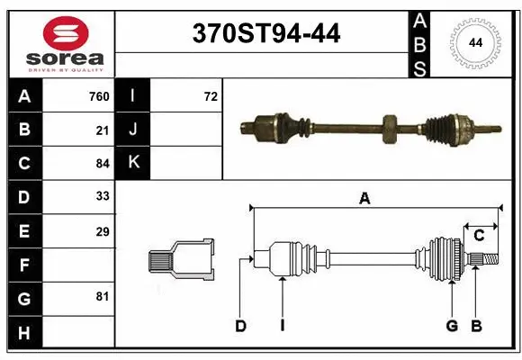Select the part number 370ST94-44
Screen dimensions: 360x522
click(x=267, y=34)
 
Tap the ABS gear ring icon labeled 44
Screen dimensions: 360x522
click(x=473, y=42)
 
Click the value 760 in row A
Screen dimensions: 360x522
click(x=99, y=96)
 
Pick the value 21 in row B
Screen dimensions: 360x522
click(x=103, y=130)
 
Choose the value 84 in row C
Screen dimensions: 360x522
click(x=103, y=163)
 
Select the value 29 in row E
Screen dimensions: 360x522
click(x=103, y=231)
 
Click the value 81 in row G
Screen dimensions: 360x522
click(x=103, y=296)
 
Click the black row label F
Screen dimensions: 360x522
click(x=24, y=265)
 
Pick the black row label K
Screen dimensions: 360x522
click(x=133, y=163)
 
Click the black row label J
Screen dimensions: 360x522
click(x=133, y=130)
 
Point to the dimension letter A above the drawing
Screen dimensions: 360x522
click(x=364, y=199)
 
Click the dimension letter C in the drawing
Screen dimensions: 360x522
click(x=479, y=235)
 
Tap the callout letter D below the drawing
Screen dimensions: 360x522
click(x=240, y=326)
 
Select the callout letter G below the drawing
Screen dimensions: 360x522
click(x=452, y=326)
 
